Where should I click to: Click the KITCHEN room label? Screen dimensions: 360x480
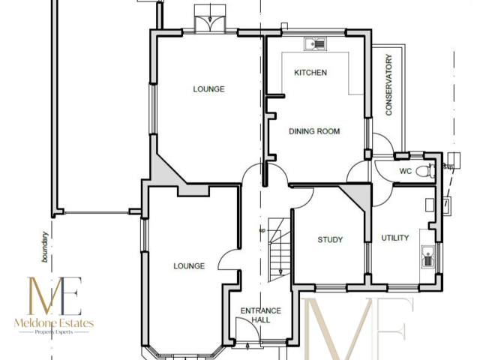pos(310,73)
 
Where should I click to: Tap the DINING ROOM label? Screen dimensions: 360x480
pos(314,131)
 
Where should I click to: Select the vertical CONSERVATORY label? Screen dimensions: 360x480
pos(388,88)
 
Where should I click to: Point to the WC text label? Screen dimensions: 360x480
pos(405,171)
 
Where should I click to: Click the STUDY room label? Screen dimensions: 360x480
pos(330,240)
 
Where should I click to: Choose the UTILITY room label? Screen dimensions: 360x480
pos(395,238)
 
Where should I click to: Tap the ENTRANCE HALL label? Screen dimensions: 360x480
pos(260,315)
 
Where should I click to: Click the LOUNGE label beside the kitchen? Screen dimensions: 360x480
pos(208,89)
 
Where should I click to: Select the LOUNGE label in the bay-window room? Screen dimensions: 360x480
pos(189,265)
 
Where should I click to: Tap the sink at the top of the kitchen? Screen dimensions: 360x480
pos(316,43)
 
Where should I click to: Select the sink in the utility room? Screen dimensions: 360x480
pos(428,259)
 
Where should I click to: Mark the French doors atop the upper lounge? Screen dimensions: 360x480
pos(209,21)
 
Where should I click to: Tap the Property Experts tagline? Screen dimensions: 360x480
pos(53,332)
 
